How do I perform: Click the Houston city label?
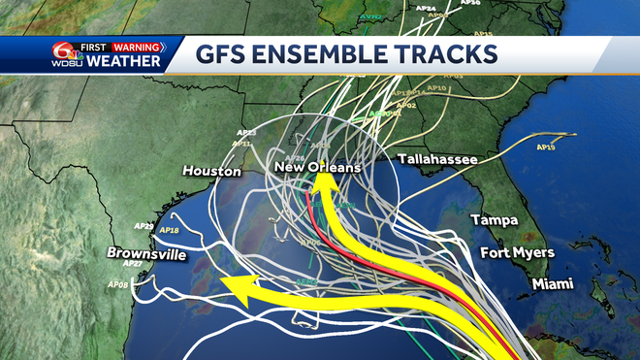pyautogui.click(x=211, y=171)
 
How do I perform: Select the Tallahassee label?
pyautogui.click(x=435, y=158)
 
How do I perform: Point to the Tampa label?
pyautogui.click(x=494, y=220)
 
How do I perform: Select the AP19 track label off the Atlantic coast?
pyautogui.click(x=545, y=147)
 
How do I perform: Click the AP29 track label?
pyautogui.click(x=144, y=226)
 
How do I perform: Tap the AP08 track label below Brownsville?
pyautogui.click(x=117, y=283)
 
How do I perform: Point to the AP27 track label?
pyautogui.click(x=133, y=264)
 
